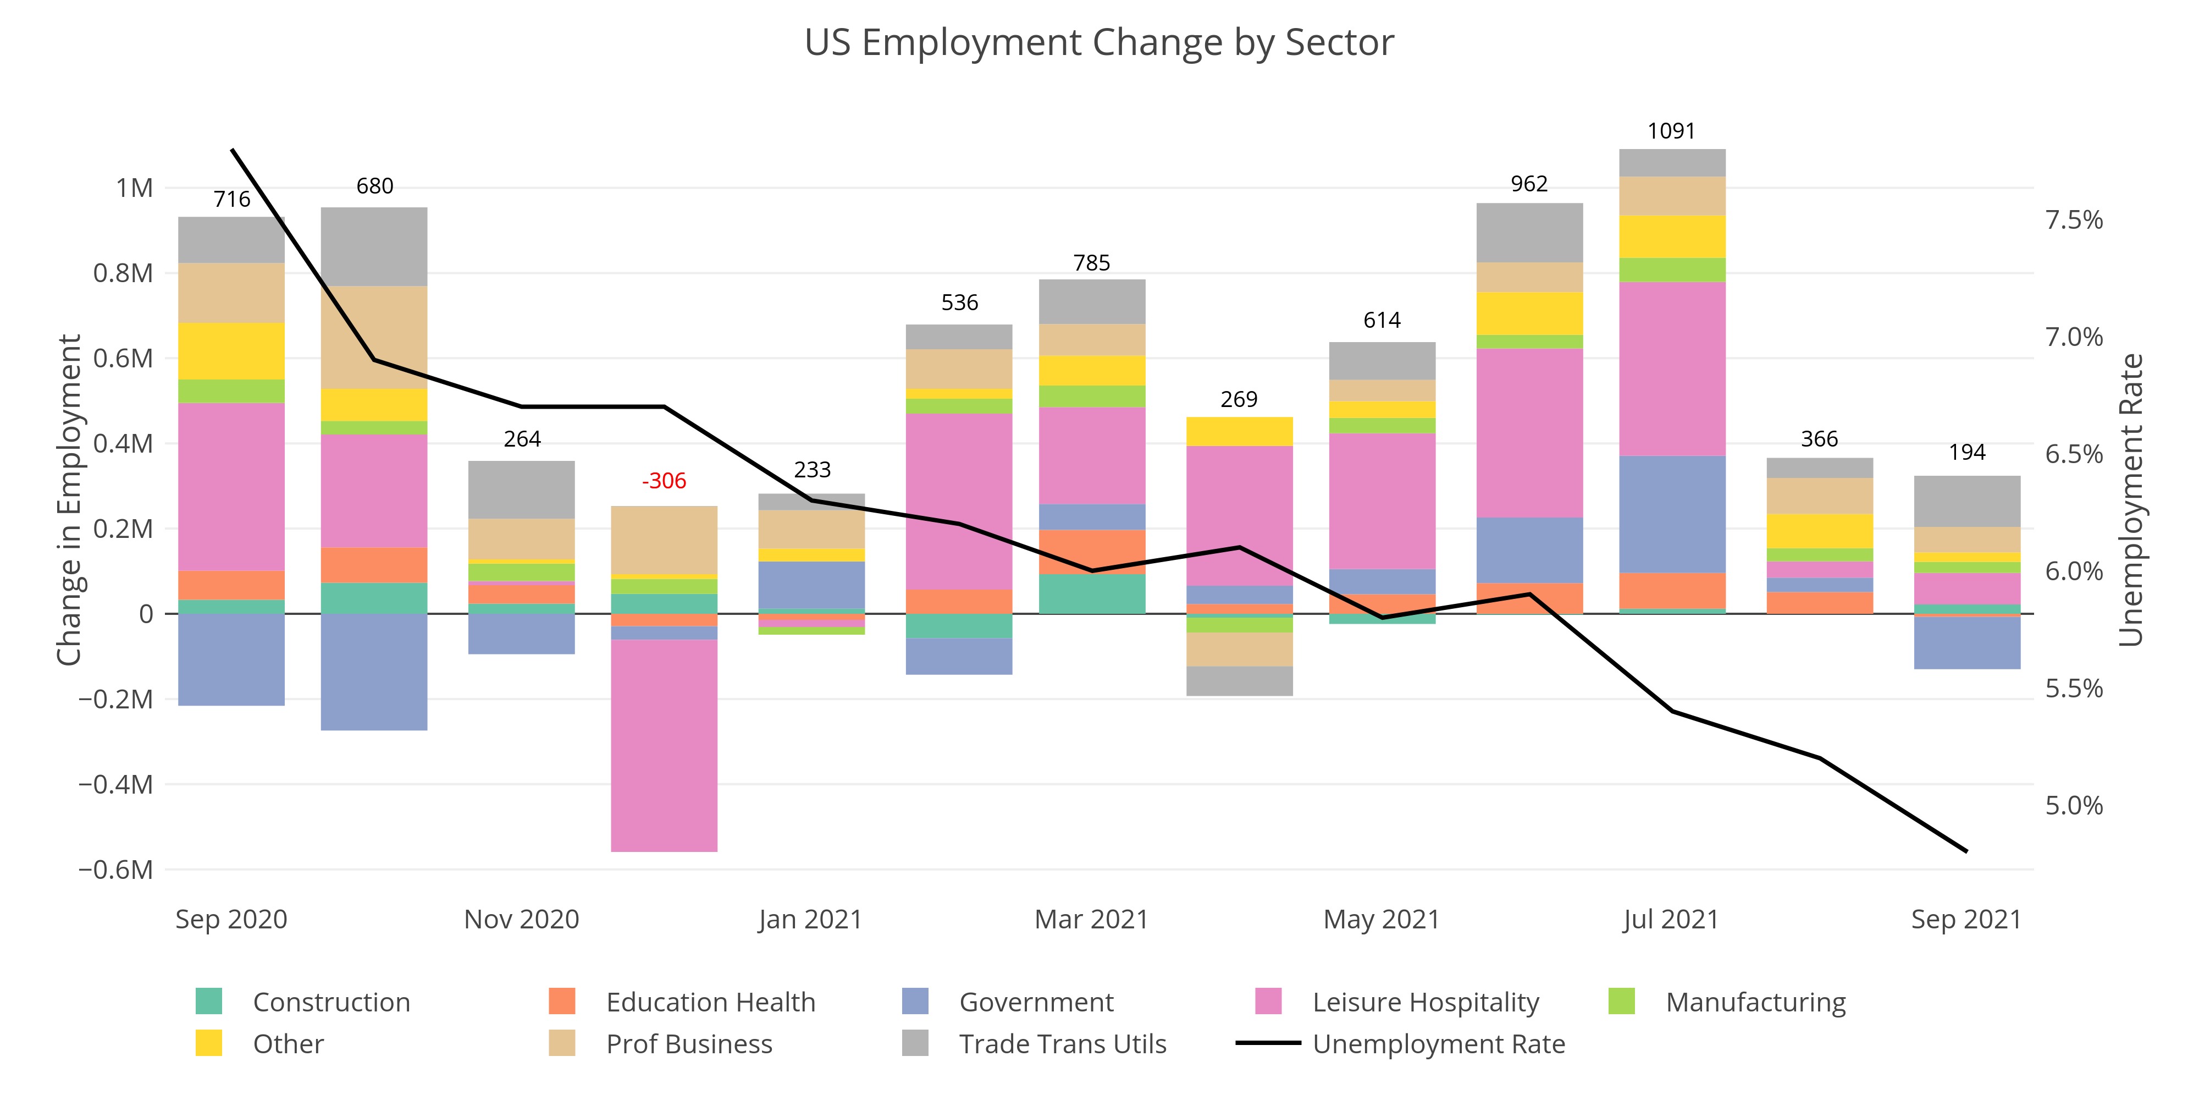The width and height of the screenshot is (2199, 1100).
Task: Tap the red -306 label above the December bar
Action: click(664, 481)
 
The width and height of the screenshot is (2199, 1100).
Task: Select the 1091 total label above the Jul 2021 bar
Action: click(1671, 131)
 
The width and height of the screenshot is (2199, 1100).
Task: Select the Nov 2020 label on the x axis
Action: click(522, 919)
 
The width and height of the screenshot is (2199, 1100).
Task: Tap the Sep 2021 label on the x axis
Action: click(1966, 919)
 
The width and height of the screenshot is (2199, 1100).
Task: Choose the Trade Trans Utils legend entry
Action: click(1062, 1044)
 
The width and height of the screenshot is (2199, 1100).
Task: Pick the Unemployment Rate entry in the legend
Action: click(1438, 1044)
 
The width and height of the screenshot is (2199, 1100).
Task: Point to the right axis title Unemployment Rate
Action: click(2131, 499)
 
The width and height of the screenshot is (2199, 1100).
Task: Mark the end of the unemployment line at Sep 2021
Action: click(1967, 851)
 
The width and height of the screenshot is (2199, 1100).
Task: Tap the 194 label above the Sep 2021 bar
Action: click(1967, 453)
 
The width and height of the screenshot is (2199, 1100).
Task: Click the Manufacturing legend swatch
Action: click(1621, 1001)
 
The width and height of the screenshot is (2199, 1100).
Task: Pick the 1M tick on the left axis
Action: click(135, 188)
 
